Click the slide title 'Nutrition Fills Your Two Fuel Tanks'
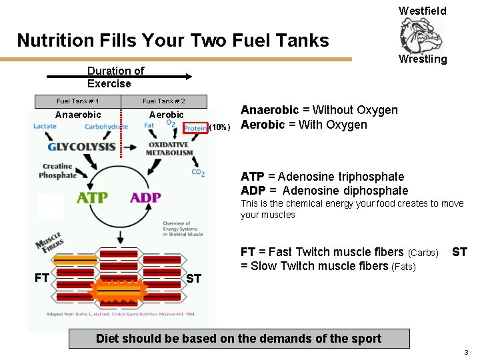tap(173, 41)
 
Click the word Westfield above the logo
tap(422, 11)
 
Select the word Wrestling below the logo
tap(423, 59)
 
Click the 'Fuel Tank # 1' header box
tap(78, 101)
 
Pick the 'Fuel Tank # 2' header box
tap(164, 101)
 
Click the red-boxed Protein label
tap(195, 127)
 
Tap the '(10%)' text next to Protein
tap(220, 127)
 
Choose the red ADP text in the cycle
tap(145, 198)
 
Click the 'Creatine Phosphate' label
tap(58, 171)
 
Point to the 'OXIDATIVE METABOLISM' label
tap(169, 149)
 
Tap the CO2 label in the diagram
tap(198, 173)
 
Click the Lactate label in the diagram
tap(45, 126)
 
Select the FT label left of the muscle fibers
tap(41, 277)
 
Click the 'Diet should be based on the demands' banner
tap(239, 339)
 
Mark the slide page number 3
tap(466, 352)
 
